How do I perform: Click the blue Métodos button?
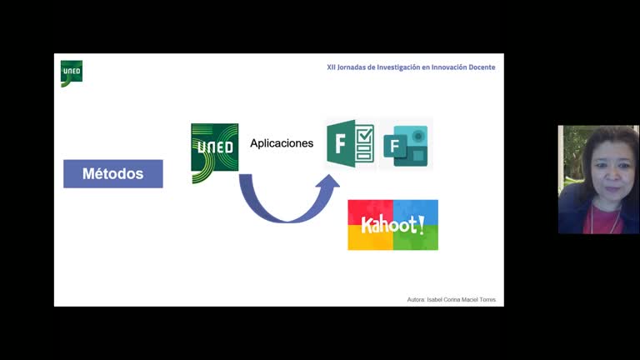pyautogui.click(x=112, y=174)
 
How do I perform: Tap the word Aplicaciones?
pyautogui.click(x=282, y=143)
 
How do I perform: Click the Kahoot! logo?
pyautogui.click(x=392, y=225)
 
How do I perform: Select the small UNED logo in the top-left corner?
pyautogui.click(x=72, y=73)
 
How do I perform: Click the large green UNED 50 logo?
pyautogui.click(x=214, y=153)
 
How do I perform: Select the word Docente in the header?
pyautogui.click(x=481, y=67)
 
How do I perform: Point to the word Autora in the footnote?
pyautogui.click(x=416, y=298)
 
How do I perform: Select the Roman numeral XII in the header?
pyautogui.click(x=331, y=67)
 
